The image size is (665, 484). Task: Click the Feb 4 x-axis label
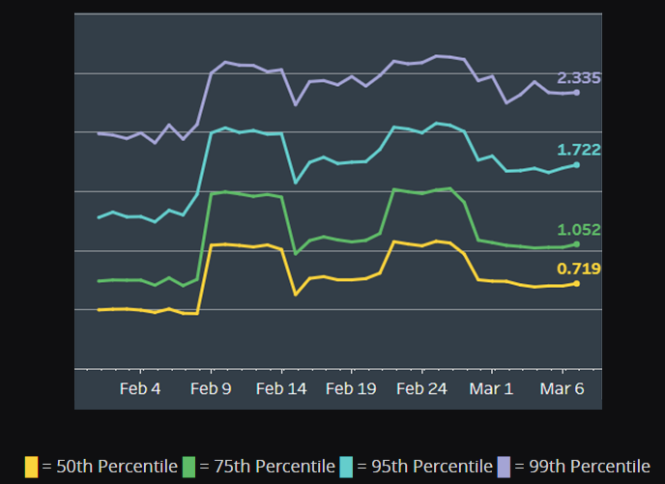click(x=140, y=389)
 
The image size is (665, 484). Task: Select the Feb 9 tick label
click(x=211, y=389)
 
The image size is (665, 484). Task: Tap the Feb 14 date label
click(x=281, y=389)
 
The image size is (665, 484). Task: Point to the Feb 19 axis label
click(x=351, y=389)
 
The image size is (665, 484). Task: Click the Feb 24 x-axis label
click(x=422, y=389)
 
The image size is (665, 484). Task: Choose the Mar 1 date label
click(x=492, y=389)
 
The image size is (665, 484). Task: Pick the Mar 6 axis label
click(x=562, y=389)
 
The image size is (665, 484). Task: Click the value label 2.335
click(x=579, y=77)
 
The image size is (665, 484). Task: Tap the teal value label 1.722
click(x=579, y=150)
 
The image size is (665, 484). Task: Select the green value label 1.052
click(x=579, y=230)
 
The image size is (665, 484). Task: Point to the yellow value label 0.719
click(x=579, y=268)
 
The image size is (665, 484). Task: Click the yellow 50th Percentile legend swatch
click(x=32, y=467)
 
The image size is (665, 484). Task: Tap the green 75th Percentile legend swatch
click(x=188, y=467)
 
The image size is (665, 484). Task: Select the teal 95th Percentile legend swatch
click(x=346, y=467)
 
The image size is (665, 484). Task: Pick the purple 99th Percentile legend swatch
click(x=504, y=467)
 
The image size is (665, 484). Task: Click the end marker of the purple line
click(x=577, y=93)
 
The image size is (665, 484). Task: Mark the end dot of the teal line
click(x=577, y=165)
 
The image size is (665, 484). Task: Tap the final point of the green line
click(x=577, y=244)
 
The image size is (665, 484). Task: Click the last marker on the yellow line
click(x=577, y=283)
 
